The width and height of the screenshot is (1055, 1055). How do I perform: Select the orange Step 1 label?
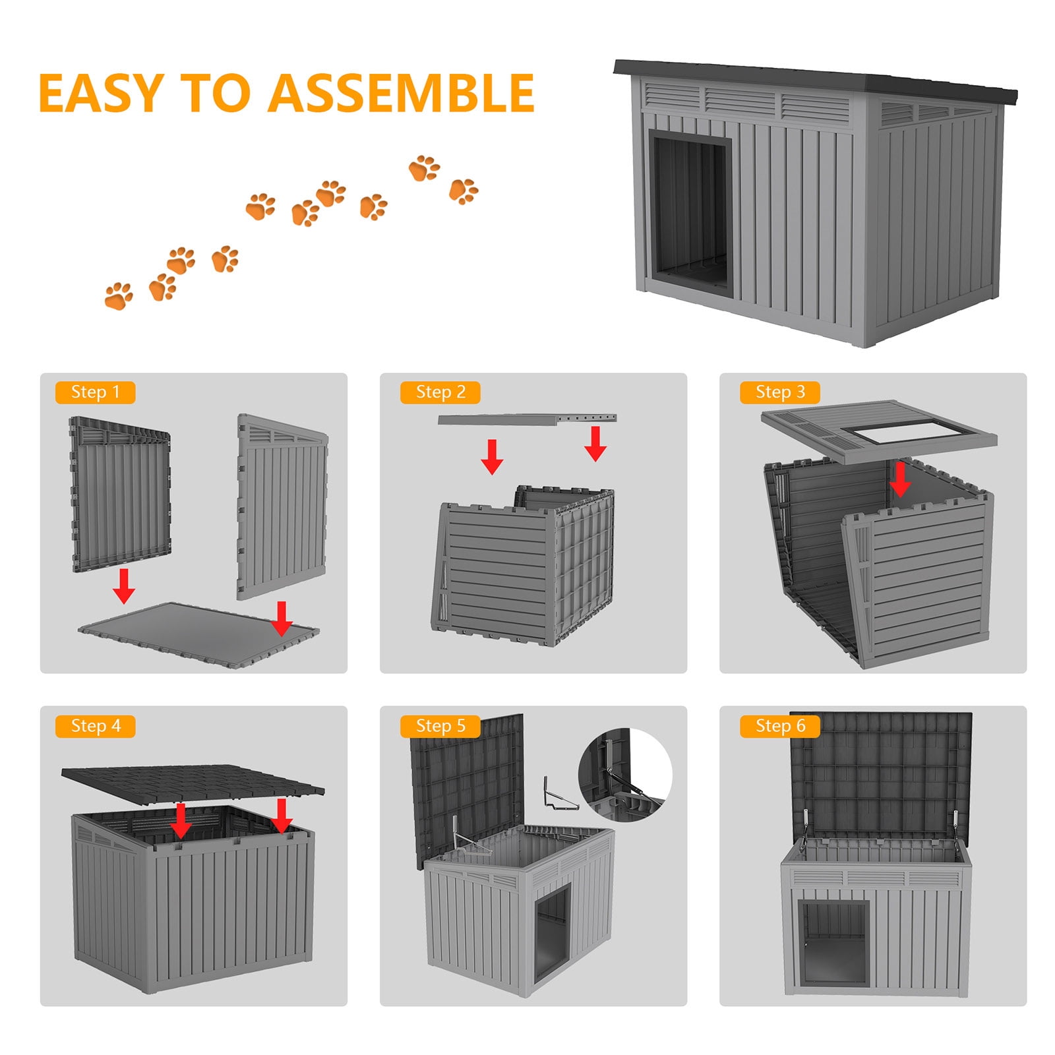point(95,392)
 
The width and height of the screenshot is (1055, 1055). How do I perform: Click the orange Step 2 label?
point(440,392)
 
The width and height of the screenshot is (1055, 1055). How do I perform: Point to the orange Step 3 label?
point(779,392)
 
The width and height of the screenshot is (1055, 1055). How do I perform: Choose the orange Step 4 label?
point(95,726)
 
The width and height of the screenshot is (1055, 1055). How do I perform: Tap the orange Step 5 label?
point(440,726)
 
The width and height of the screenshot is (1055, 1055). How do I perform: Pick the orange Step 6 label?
point(779,726)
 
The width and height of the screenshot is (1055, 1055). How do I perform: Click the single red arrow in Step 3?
point(899,479)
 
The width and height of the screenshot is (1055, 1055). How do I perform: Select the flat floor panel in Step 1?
point(198,634)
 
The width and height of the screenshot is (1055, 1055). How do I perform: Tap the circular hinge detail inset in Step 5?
point(625,775)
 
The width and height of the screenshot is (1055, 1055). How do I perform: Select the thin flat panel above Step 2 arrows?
point(527,419)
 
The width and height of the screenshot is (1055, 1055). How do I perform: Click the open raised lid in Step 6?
point(881,777)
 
